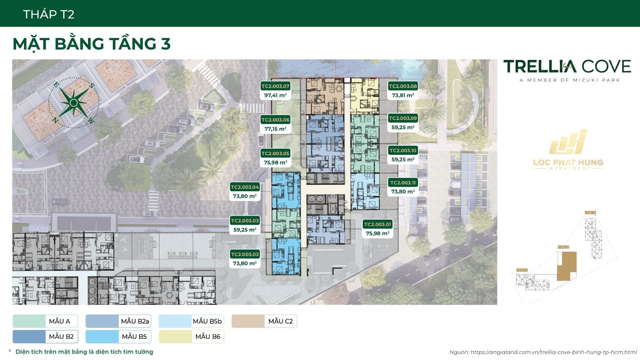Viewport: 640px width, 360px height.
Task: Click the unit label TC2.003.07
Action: [x=275, y=86]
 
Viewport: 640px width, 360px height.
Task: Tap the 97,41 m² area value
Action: [x=275, y=96]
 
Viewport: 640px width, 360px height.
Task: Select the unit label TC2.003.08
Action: [x=403, y=86]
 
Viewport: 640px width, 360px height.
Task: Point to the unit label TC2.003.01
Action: [x=378, y=224]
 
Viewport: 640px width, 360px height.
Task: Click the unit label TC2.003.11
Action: [x=403, y=183]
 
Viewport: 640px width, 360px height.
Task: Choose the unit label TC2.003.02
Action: [x=245, y=254]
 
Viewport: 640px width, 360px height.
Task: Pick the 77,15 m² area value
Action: [x=275, y=129]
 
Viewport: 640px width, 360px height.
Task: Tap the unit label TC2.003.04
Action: [x=245, y=187]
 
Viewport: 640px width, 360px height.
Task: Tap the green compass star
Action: [x=74, y=103]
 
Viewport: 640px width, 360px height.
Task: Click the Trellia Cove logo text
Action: [x=567, y=67]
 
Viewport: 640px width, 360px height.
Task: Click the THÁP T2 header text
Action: [x=49, y=14]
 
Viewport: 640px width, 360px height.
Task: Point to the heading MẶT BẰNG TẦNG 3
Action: [x=92, y=44]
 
